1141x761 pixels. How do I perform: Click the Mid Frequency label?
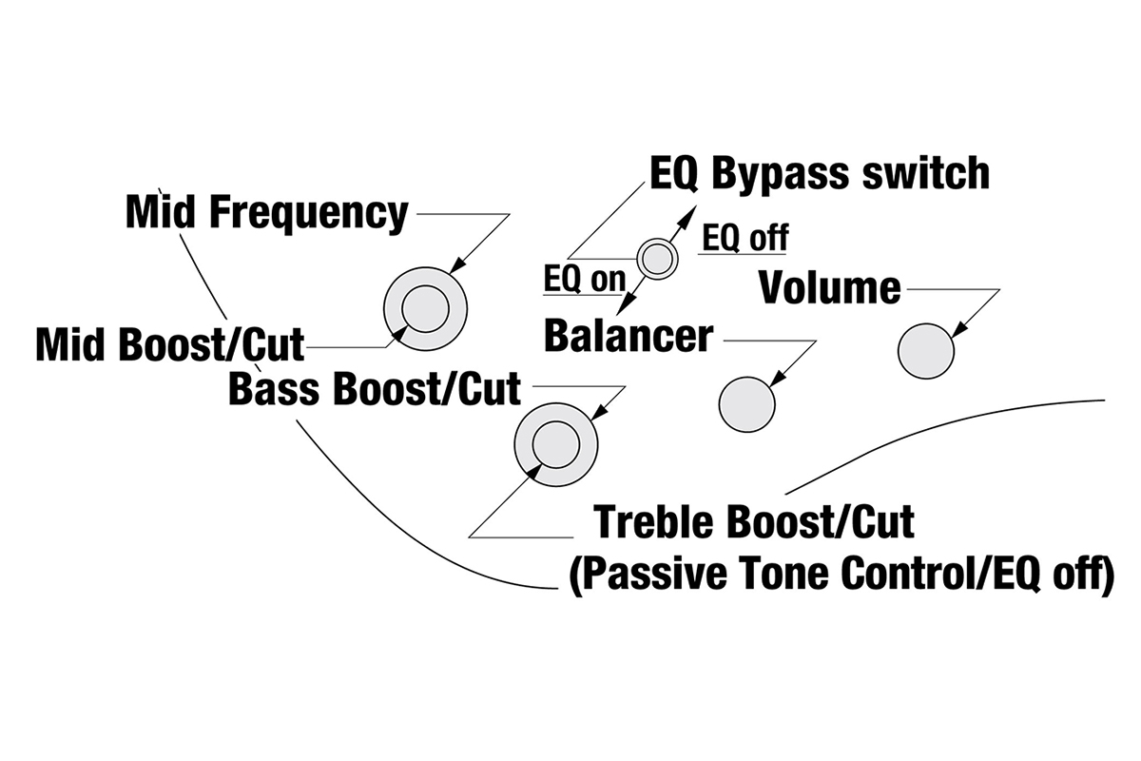[x=266, y=214]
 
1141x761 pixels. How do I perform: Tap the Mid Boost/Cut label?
[x=169, y=344]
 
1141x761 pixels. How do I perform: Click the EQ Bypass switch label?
[x=819, y=174]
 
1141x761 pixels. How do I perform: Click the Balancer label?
[x=628, y=335]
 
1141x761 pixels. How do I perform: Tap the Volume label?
[x=829, y=287]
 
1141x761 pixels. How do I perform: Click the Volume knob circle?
[x=925, y=351]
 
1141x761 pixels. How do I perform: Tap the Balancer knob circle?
[x=747, y=404]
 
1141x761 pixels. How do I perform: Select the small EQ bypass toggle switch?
[x=656, y=257]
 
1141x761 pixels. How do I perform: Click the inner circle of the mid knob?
[x=425, y=309]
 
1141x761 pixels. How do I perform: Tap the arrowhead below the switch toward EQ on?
[x=624, y=306]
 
